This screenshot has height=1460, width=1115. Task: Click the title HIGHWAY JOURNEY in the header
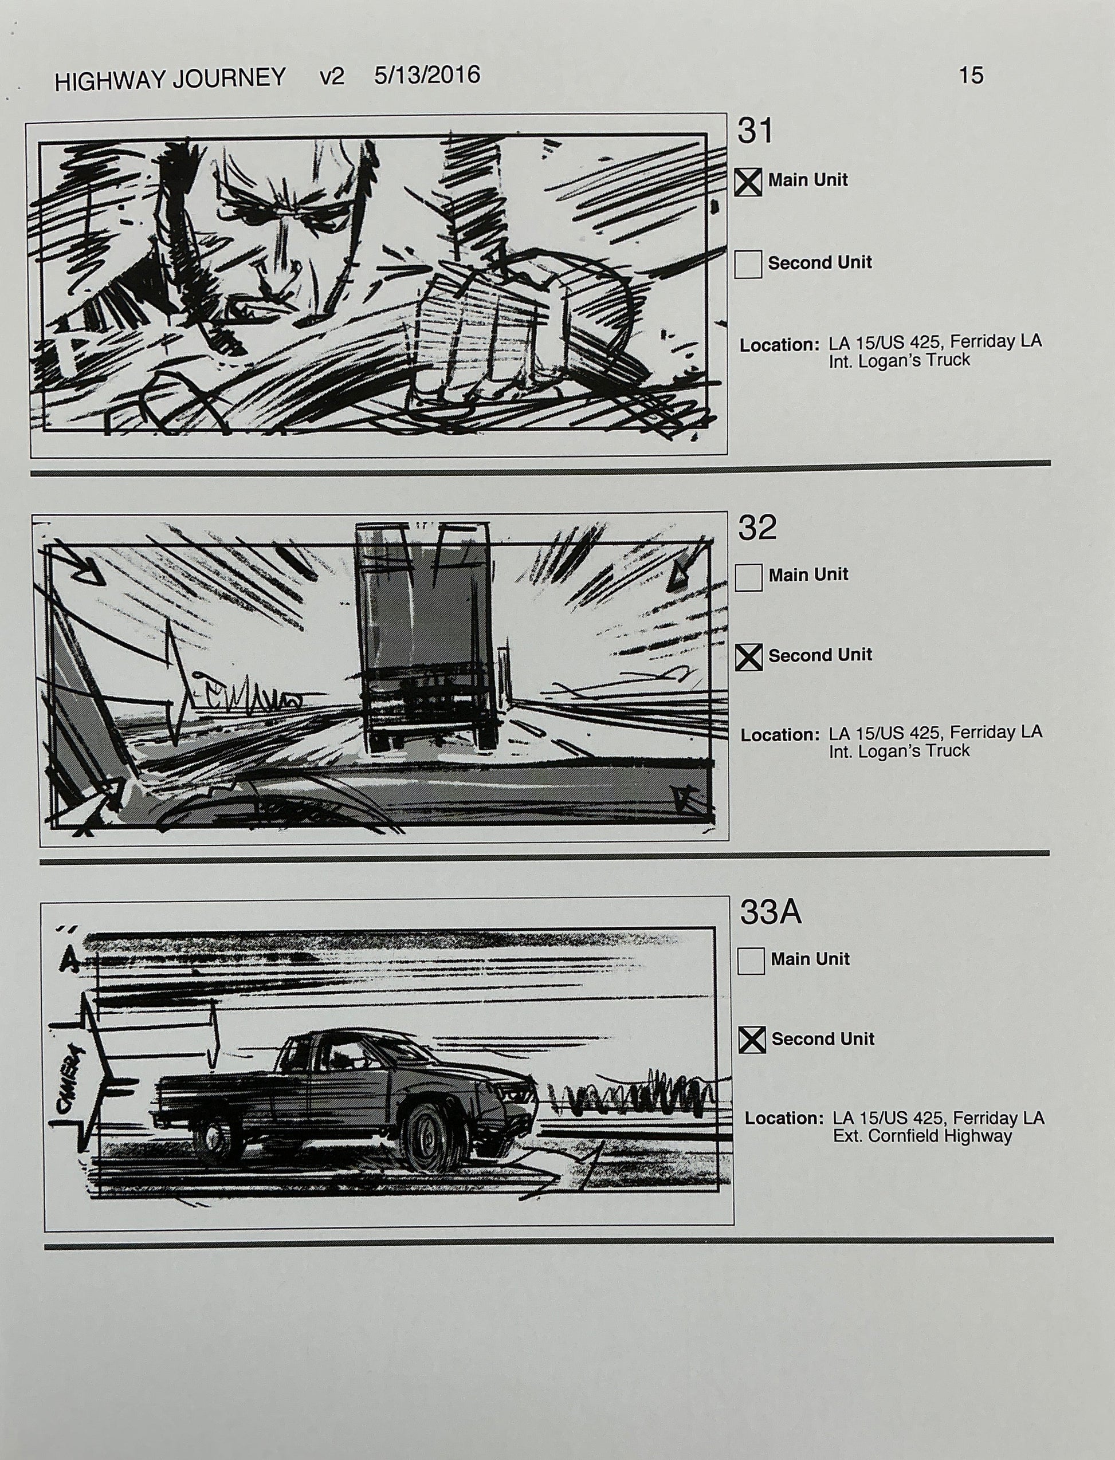pos(170,80)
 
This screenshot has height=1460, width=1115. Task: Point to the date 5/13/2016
pos(427,75)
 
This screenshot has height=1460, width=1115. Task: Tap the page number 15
pos(970,75)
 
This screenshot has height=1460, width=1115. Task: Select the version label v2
pos(332,77)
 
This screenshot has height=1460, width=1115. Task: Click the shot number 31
pos(755,131)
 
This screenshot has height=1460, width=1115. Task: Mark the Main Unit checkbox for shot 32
pos(749,577)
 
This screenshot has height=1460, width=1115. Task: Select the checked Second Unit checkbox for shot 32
pos(749,658)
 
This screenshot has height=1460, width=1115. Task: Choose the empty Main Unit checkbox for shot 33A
pos(751,961)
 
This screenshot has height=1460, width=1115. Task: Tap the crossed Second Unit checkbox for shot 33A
pos(752,1040)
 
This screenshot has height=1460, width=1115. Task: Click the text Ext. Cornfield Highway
pos(922,1136)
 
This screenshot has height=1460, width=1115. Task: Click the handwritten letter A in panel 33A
pos(68,962)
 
